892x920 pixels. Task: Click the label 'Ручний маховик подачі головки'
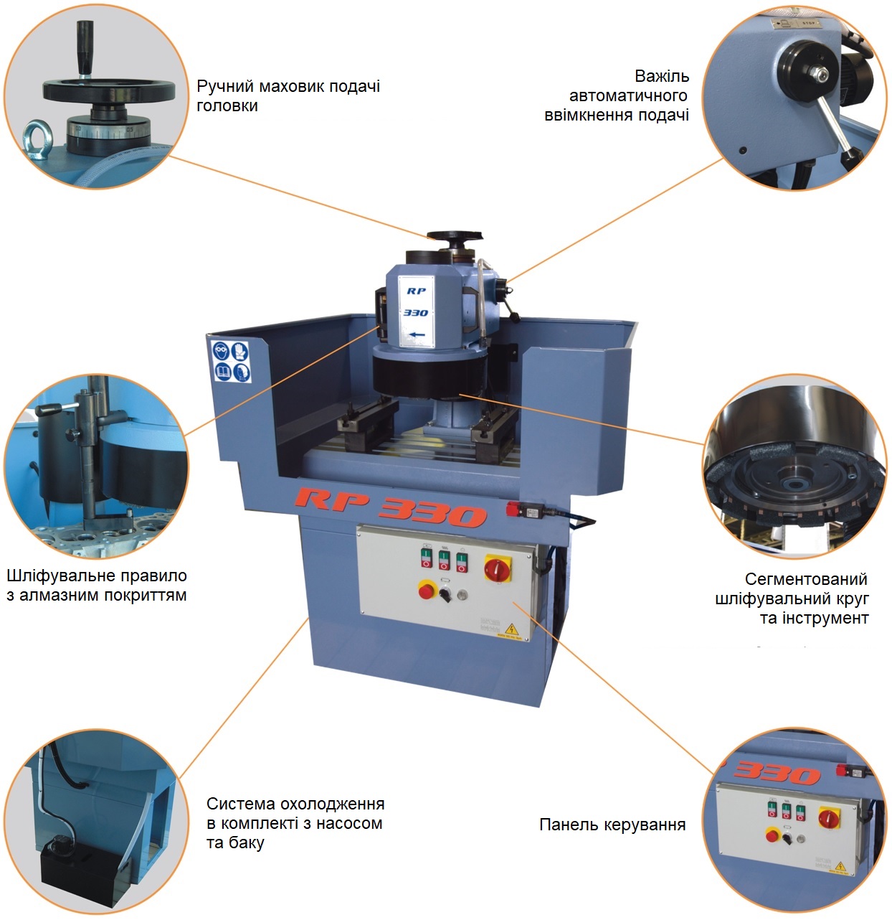coord(288,95)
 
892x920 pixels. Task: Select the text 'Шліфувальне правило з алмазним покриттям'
coord(97,585)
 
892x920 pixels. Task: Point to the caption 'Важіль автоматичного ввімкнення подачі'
coord(617,95)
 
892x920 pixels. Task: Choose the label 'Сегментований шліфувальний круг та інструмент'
coord(792,598)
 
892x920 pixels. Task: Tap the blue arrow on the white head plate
coord(417,334)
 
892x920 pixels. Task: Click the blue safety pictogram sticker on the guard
coord(230,361)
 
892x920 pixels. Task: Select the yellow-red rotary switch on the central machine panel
coord(498,568)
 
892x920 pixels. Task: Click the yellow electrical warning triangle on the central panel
coord(512,629)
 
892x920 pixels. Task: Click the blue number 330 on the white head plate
coord(415,312)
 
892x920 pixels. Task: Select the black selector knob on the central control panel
coord(445,593)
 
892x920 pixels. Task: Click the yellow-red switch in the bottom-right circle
coord(829,818)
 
